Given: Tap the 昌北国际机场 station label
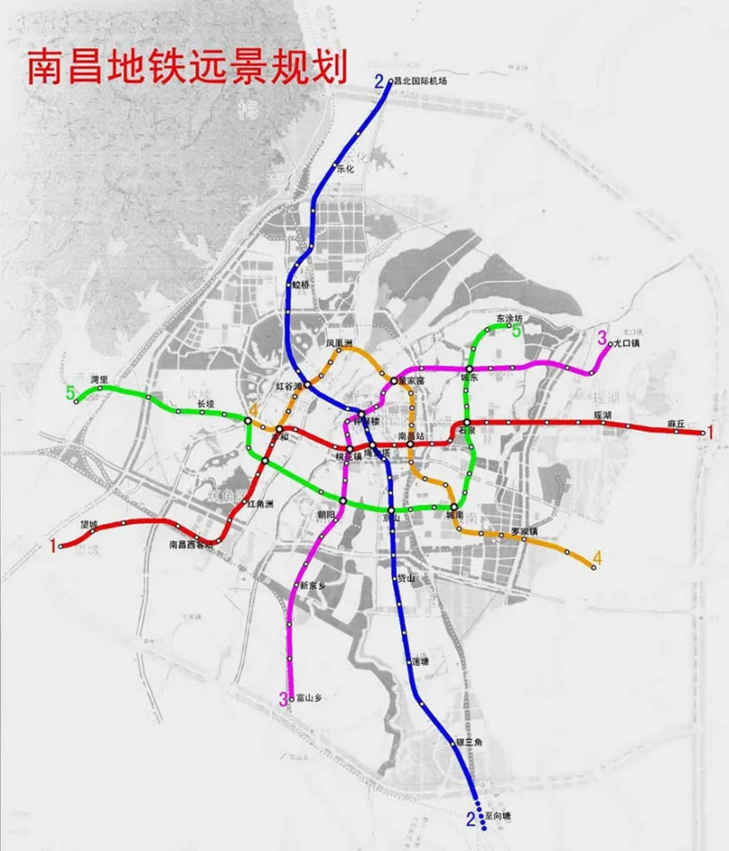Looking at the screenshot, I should (422, 81).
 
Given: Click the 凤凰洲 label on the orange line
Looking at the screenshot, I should (340, 343).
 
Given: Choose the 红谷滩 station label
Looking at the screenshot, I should (287, 385).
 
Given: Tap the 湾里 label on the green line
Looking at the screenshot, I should (99, 380).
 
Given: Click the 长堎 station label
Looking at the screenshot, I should (206, 403).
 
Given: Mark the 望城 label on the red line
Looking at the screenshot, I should (86, 525).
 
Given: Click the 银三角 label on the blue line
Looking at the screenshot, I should (468, 742).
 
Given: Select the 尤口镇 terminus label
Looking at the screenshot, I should (625, 343).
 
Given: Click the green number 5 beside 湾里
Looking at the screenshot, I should (70, 392).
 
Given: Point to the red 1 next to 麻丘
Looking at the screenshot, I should (711, 433).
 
